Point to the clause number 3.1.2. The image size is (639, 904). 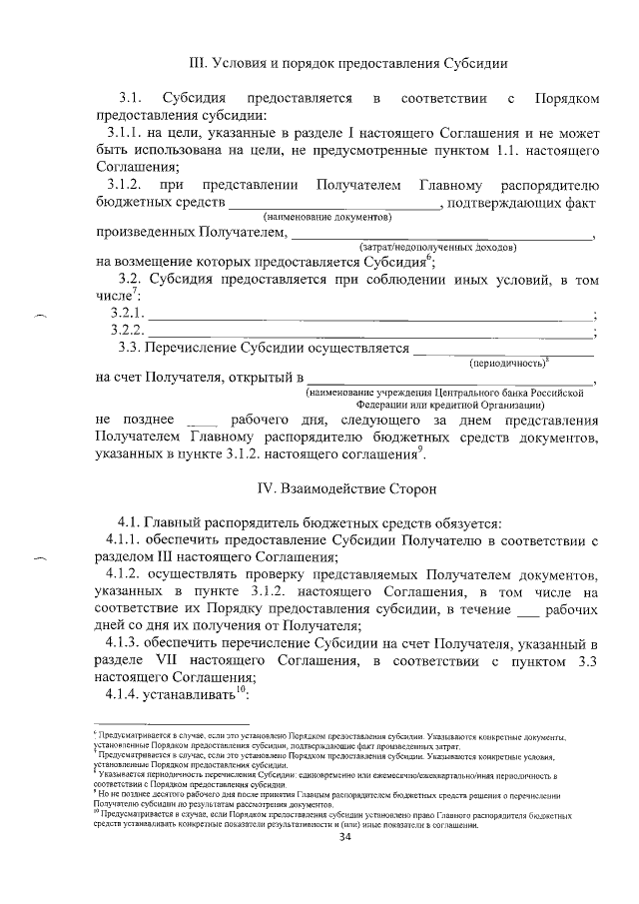(x=126, y=185)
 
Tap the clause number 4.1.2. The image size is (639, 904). (x=126, y=574)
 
